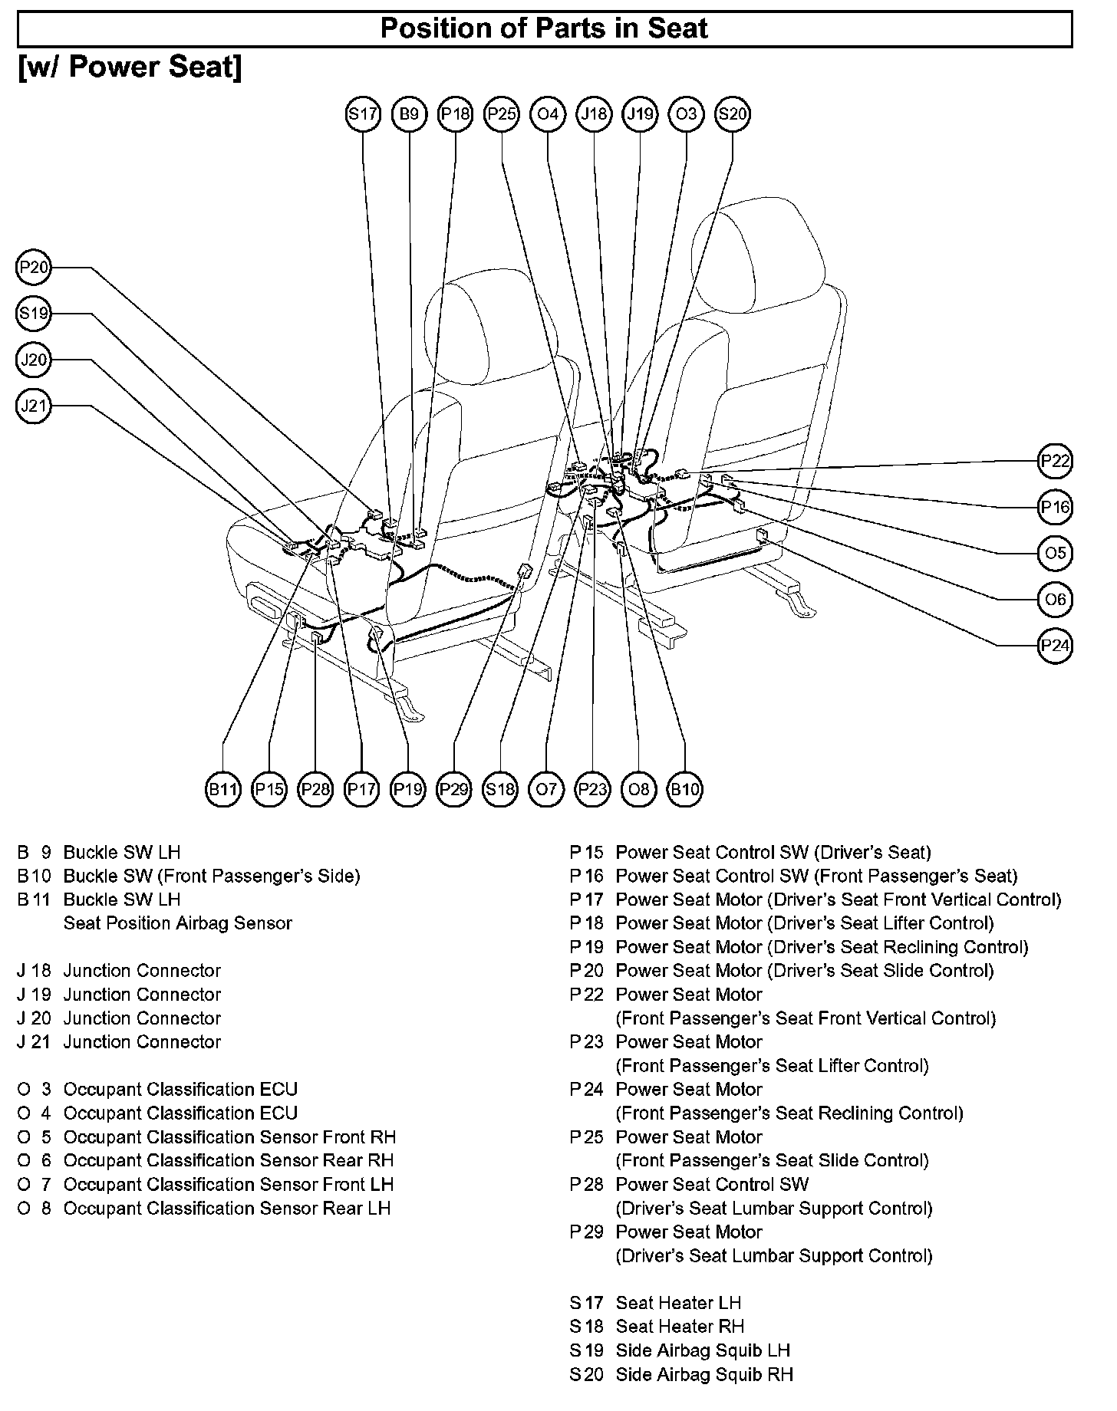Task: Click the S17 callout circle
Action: [363, 114]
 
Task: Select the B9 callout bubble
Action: [409, 114]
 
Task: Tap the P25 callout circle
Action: [502, 114]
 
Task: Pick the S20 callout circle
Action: [732, 114]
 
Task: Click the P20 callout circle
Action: [34, 268]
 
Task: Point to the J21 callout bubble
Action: [34, 406]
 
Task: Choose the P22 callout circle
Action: [1056, 461]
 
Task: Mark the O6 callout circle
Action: [1056, 599]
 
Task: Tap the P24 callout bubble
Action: [1056, 645]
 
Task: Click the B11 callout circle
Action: [223, 789]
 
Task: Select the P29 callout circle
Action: [454, 789]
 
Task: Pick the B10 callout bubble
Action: [685, 789]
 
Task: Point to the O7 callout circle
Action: [546, 789]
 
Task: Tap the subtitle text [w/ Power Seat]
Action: [130, 67]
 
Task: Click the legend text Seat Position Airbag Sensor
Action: [177, 923]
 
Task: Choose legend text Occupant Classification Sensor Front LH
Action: [228, 1185]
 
